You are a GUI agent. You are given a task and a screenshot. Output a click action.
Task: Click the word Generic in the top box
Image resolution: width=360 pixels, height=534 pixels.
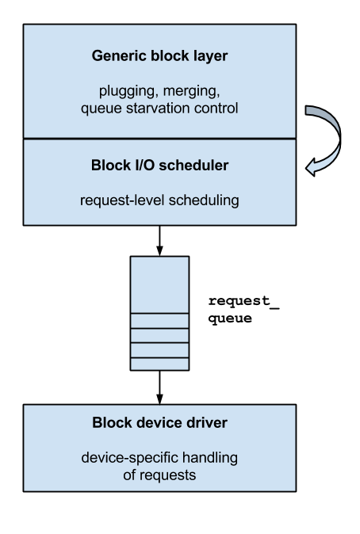(116, 56)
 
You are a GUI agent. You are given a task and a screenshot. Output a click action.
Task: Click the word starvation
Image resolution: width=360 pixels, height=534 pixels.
(159, 107)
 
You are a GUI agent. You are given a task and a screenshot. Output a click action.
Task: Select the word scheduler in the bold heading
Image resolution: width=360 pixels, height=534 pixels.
(194, 166)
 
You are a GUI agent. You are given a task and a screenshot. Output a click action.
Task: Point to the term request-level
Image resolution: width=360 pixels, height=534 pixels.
(117, 200)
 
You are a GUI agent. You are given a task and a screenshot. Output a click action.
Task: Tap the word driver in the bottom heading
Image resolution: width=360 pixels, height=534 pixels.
(207, 422)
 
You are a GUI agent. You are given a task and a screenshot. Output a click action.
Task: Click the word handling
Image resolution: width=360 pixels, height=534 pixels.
(209, 458)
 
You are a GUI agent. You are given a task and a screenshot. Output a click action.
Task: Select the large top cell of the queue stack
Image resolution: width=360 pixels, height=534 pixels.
(159, 284)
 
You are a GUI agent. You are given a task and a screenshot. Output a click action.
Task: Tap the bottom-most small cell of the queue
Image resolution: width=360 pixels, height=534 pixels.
(159, 364)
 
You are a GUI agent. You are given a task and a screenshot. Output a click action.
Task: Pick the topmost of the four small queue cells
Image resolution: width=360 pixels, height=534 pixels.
(159, 321)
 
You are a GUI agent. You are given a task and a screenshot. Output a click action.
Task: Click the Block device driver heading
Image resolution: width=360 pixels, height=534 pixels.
(159, 422)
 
